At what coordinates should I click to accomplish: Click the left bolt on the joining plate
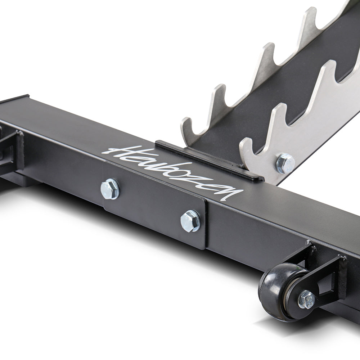pyautogui.click(x=110, y=189)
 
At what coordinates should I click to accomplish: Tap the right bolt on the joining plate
pyautogui.click(x=190, y=221)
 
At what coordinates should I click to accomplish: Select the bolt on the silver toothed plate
pyautogui.click(x=285, y=163)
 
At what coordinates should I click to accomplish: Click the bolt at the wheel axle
pyautogui.click(x=306, y=300)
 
